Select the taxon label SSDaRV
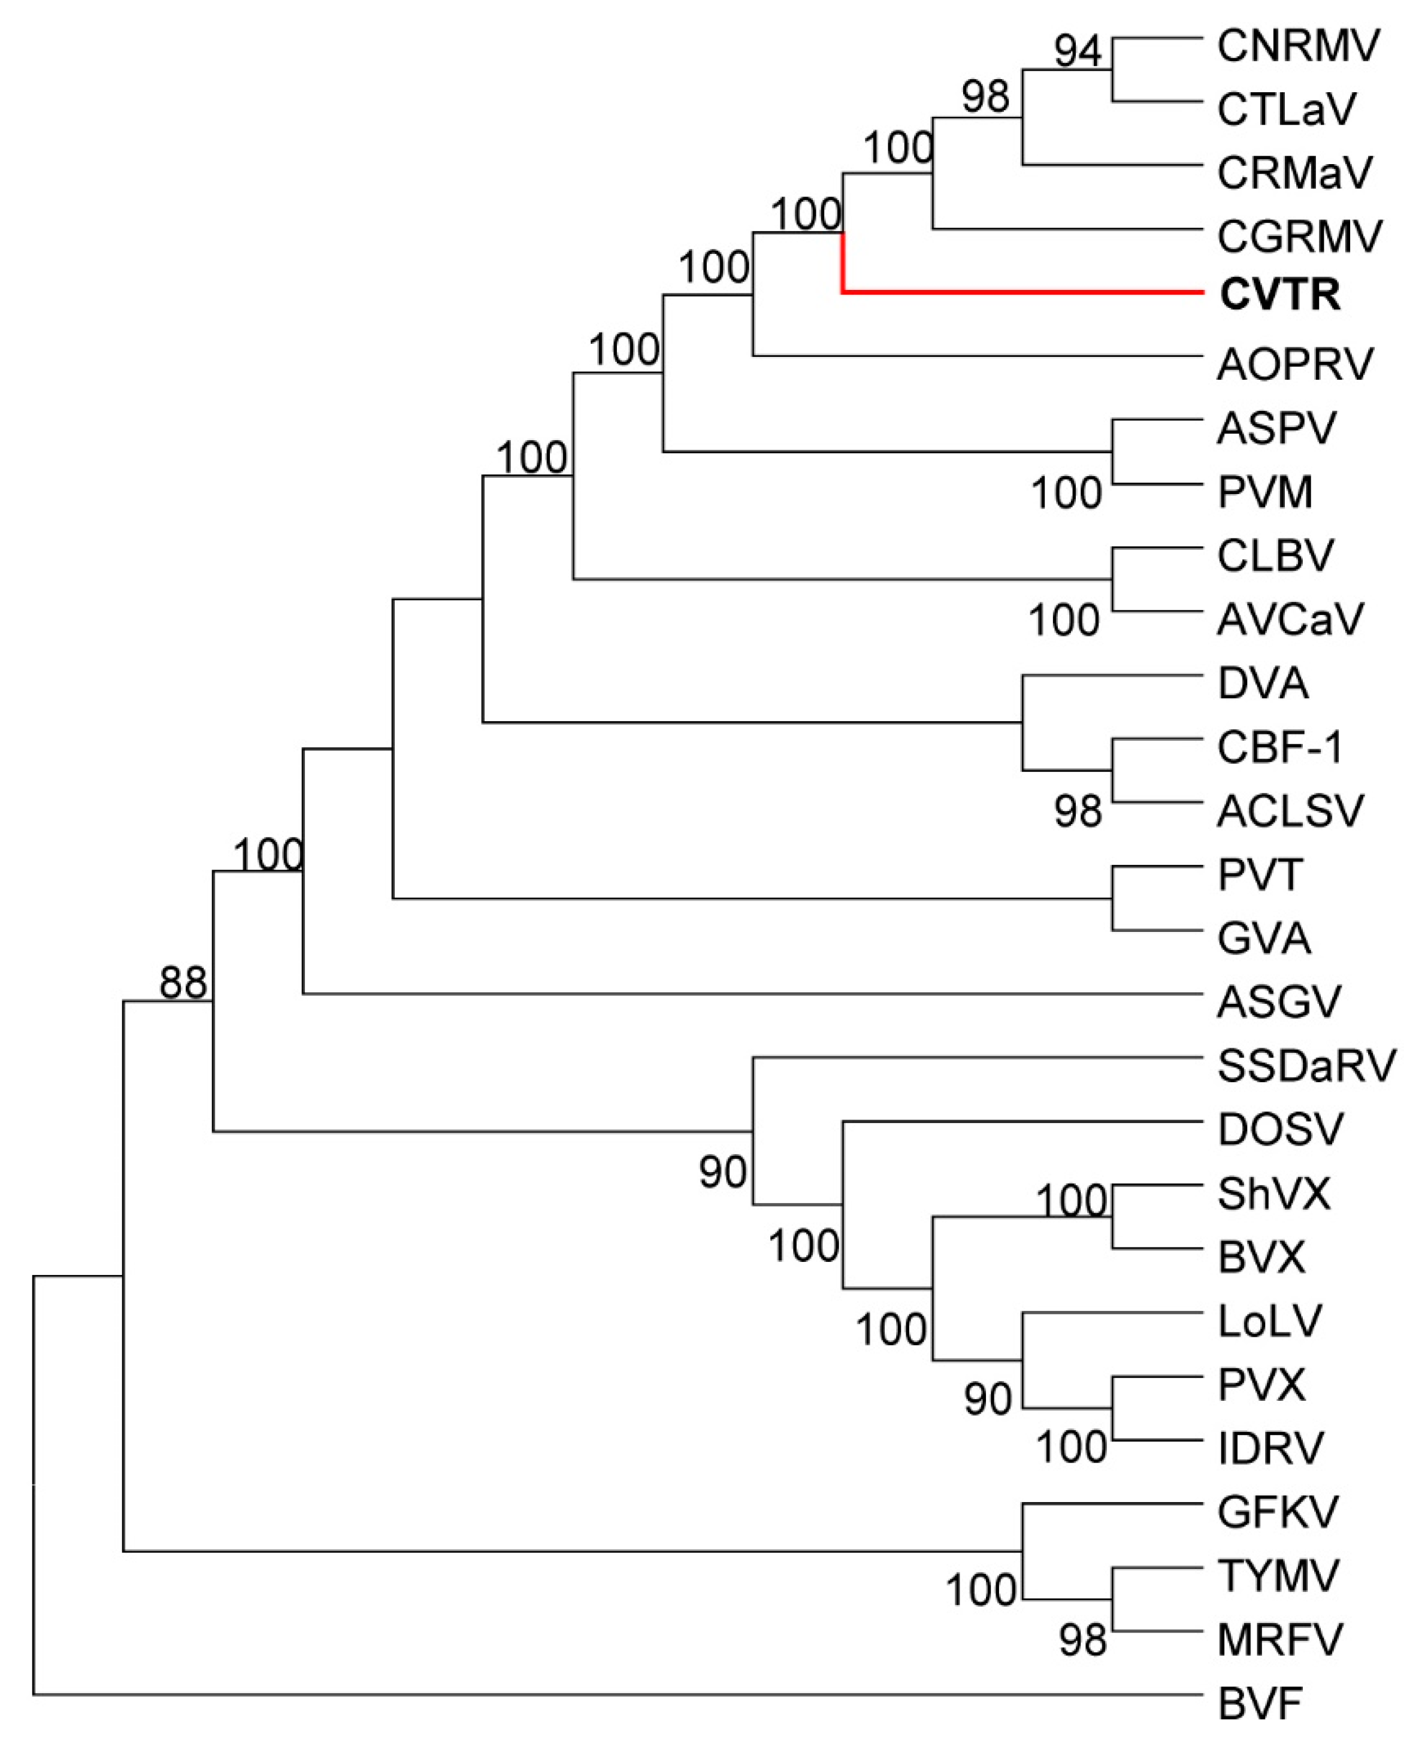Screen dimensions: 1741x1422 [1306, 1066]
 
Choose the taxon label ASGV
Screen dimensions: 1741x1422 [1279, 1001]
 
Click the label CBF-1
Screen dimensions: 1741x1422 [1279, 747]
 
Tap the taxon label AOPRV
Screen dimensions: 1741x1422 [1294, 364]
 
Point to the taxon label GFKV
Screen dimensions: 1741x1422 [1278, 1512]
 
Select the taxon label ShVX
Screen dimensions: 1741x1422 [1273, 1194]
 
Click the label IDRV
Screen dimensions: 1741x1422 [1270, 1448]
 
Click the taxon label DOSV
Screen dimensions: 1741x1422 [1280, 1130]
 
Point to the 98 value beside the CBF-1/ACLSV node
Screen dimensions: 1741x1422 [1078, 811]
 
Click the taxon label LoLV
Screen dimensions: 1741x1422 [1270, 1321]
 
